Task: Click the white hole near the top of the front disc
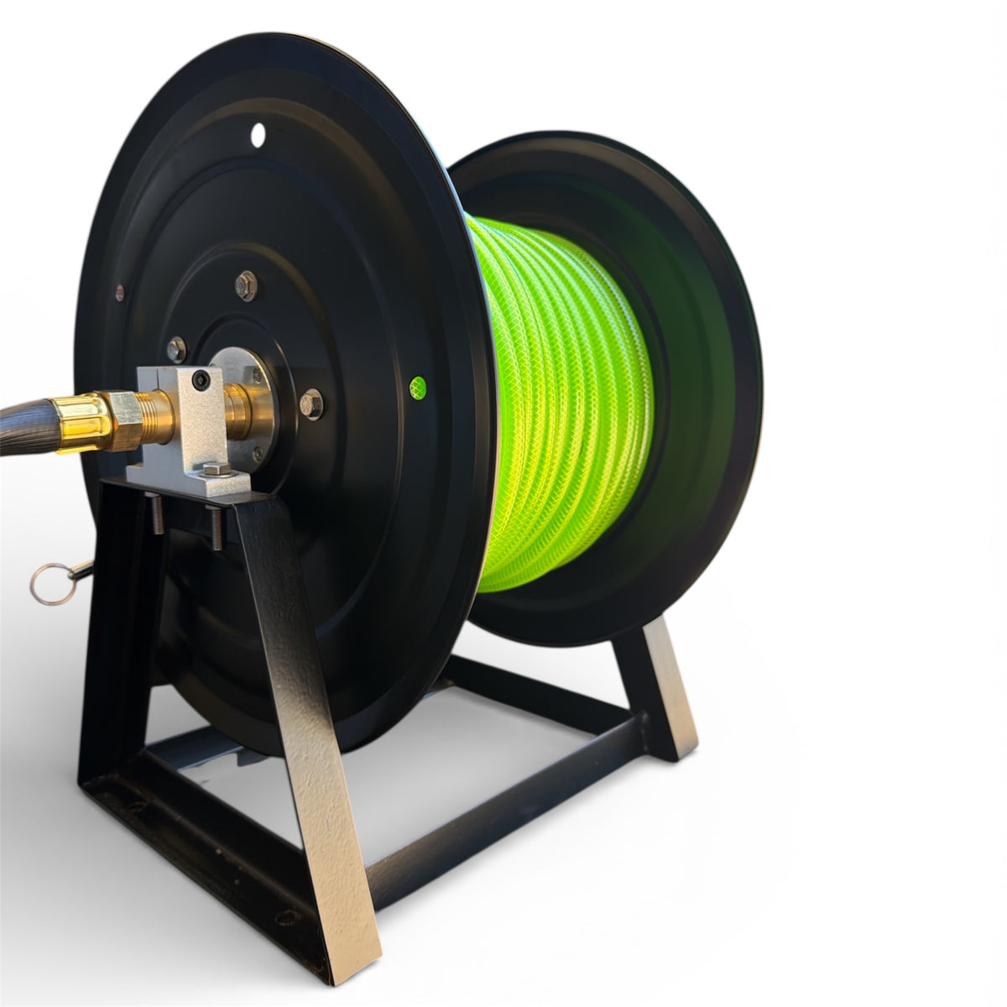258,133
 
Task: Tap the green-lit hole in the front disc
417,387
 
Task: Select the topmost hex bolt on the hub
246,285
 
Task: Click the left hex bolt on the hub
176,348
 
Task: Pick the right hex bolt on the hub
311,404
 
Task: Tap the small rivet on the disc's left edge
119,292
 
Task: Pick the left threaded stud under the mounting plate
158,514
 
